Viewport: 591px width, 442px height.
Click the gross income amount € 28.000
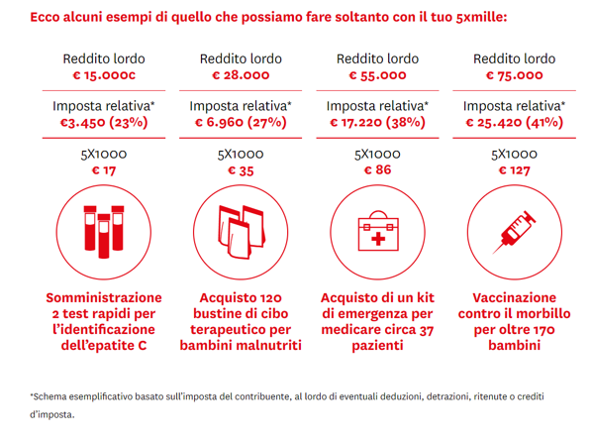click(241, 75)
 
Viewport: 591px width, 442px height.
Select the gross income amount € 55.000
click(377, 75)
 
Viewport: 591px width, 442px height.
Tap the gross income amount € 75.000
click(514, 75)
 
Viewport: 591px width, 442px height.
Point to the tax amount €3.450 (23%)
click(104, 122)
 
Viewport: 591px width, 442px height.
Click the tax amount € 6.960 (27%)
click(241, 122)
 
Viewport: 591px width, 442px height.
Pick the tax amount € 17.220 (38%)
click(377, 122)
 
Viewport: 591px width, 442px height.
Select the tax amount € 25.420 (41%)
click(514, 122)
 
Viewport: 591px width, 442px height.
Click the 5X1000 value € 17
click(104, 170)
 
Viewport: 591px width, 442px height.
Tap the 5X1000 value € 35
click(241, 170)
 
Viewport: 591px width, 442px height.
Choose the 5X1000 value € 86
click(377, 169)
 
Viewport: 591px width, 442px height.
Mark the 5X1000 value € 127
click(514, 170)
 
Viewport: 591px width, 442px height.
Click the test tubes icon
click(104, 232)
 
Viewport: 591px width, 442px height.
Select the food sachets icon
click(242, 232)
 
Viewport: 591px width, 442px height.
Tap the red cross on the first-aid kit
click(378, 239)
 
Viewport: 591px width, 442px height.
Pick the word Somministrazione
click(104, 298)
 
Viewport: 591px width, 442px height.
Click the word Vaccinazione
click(514, 298)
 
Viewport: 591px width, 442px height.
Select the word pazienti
click(377, 346)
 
